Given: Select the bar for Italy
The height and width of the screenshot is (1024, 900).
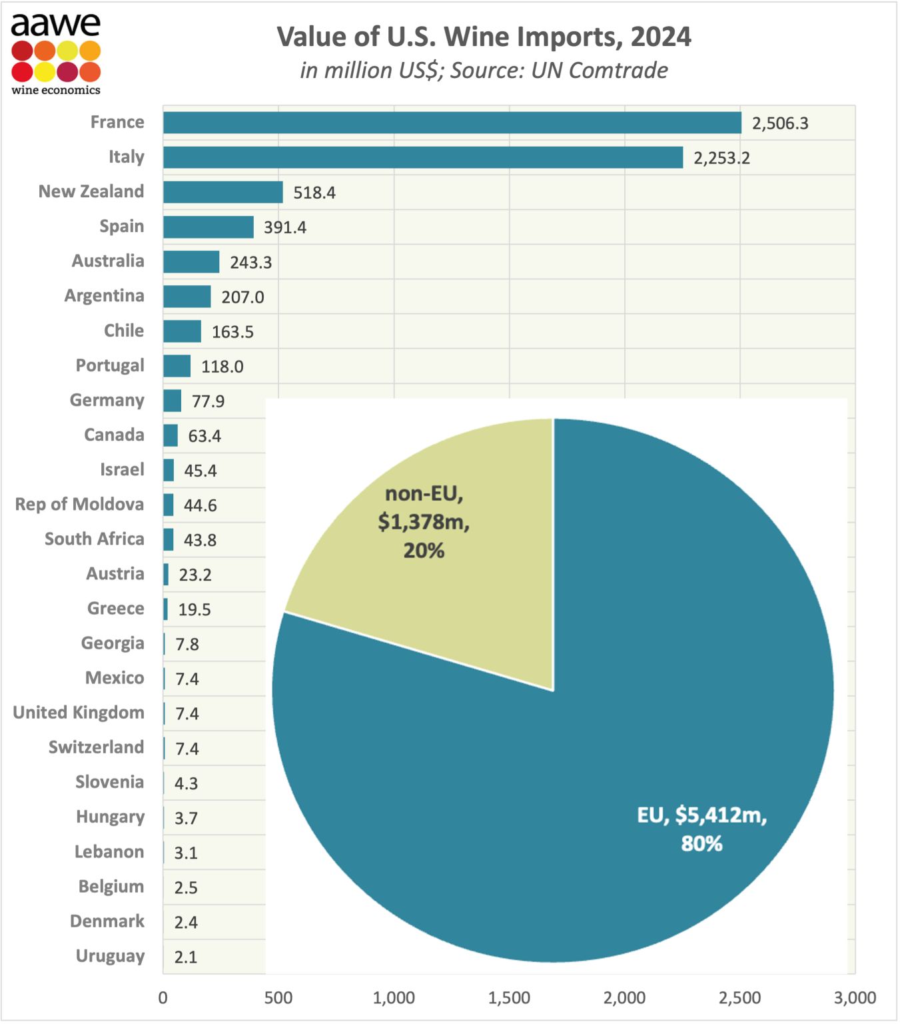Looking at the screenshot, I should tap(422, 157).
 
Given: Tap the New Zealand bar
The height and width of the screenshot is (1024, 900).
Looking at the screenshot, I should tap(223, 192).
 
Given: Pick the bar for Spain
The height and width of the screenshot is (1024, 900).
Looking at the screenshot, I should tap(208, 227).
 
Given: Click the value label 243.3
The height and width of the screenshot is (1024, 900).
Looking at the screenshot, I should tap(250, 262).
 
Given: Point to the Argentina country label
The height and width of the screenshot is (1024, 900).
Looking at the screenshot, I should tap(104, 296).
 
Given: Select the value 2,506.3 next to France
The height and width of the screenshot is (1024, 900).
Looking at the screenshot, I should tap(779, 123).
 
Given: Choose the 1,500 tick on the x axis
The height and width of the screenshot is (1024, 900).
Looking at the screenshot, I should tap(509, 998).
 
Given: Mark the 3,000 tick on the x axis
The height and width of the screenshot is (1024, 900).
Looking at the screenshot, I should tap(855, 998).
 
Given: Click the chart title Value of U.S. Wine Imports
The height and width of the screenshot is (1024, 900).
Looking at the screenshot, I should tap(484, 37).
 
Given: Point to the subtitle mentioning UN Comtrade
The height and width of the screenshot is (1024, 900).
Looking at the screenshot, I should tap(484, 70).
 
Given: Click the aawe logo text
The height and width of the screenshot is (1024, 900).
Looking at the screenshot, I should tap(55, 25).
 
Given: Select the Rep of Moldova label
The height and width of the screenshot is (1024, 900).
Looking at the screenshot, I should tap(79, 504).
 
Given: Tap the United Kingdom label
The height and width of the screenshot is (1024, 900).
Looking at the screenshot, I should tap(79, 713).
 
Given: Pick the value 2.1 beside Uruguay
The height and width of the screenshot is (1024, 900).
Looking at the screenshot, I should tap(185, 957).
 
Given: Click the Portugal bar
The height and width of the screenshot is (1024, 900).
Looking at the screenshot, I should tap(177, 366).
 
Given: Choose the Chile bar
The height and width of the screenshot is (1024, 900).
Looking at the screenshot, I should tap(182, 331).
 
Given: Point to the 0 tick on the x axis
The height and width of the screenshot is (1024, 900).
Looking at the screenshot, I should tap(163, 998).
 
